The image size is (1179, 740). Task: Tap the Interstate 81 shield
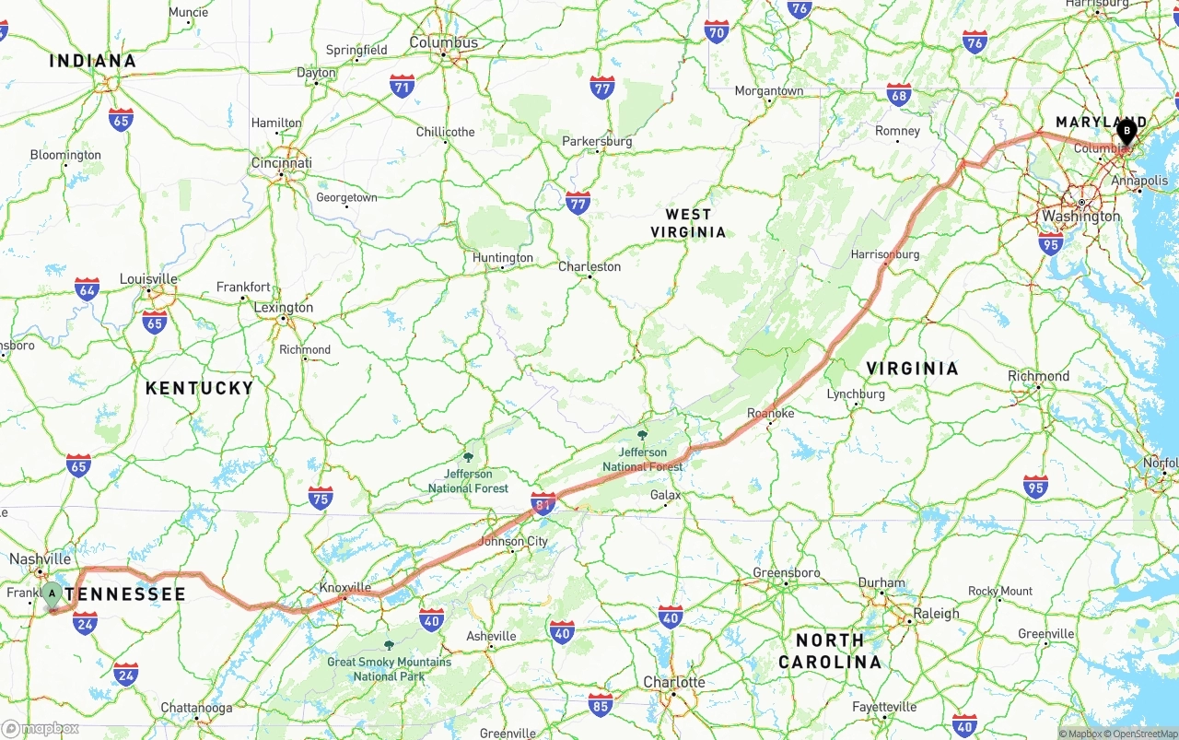543,503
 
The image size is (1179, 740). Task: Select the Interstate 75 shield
321,499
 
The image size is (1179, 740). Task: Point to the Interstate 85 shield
601,705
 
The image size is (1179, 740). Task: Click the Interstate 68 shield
899,95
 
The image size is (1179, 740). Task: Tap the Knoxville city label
344,587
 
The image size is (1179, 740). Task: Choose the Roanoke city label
770,413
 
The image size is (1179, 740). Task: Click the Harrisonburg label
884,253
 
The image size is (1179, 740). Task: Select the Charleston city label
589,266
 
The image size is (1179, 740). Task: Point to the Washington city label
1081,216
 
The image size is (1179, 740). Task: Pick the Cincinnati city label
281,163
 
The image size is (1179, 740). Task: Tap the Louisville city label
148,279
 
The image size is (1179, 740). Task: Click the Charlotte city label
674,682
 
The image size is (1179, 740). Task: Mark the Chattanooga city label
196,708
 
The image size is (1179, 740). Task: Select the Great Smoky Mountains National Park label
389,668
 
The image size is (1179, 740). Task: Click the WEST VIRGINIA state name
688,223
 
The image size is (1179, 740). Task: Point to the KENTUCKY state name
199,388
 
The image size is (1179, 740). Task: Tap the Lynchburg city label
856,393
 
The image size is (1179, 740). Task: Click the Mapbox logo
41,728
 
